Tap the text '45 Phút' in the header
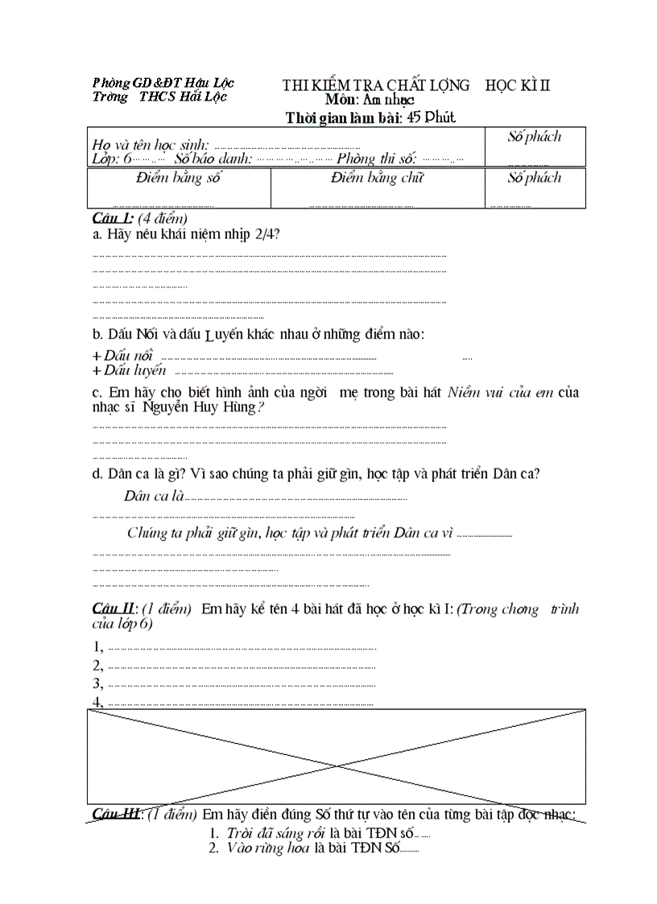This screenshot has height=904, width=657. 431,118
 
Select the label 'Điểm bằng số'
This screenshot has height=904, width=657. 179,178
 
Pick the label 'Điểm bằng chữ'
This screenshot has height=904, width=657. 377,178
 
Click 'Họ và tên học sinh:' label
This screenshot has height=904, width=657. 151,145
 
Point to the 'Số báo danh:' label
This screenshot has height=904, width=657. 213,159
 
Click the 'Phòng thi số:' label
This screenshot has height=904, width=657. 376,159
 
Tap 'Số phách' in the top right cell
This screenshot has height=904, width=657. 534,137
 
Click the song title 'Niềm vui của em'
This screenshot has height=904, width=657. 500,393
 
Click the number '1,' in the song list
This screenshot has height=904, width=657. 98,646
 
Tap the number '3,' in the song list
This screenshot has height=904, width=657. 98,683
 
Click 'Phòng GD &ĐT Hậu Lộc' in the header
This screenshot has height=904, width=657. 163,83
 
